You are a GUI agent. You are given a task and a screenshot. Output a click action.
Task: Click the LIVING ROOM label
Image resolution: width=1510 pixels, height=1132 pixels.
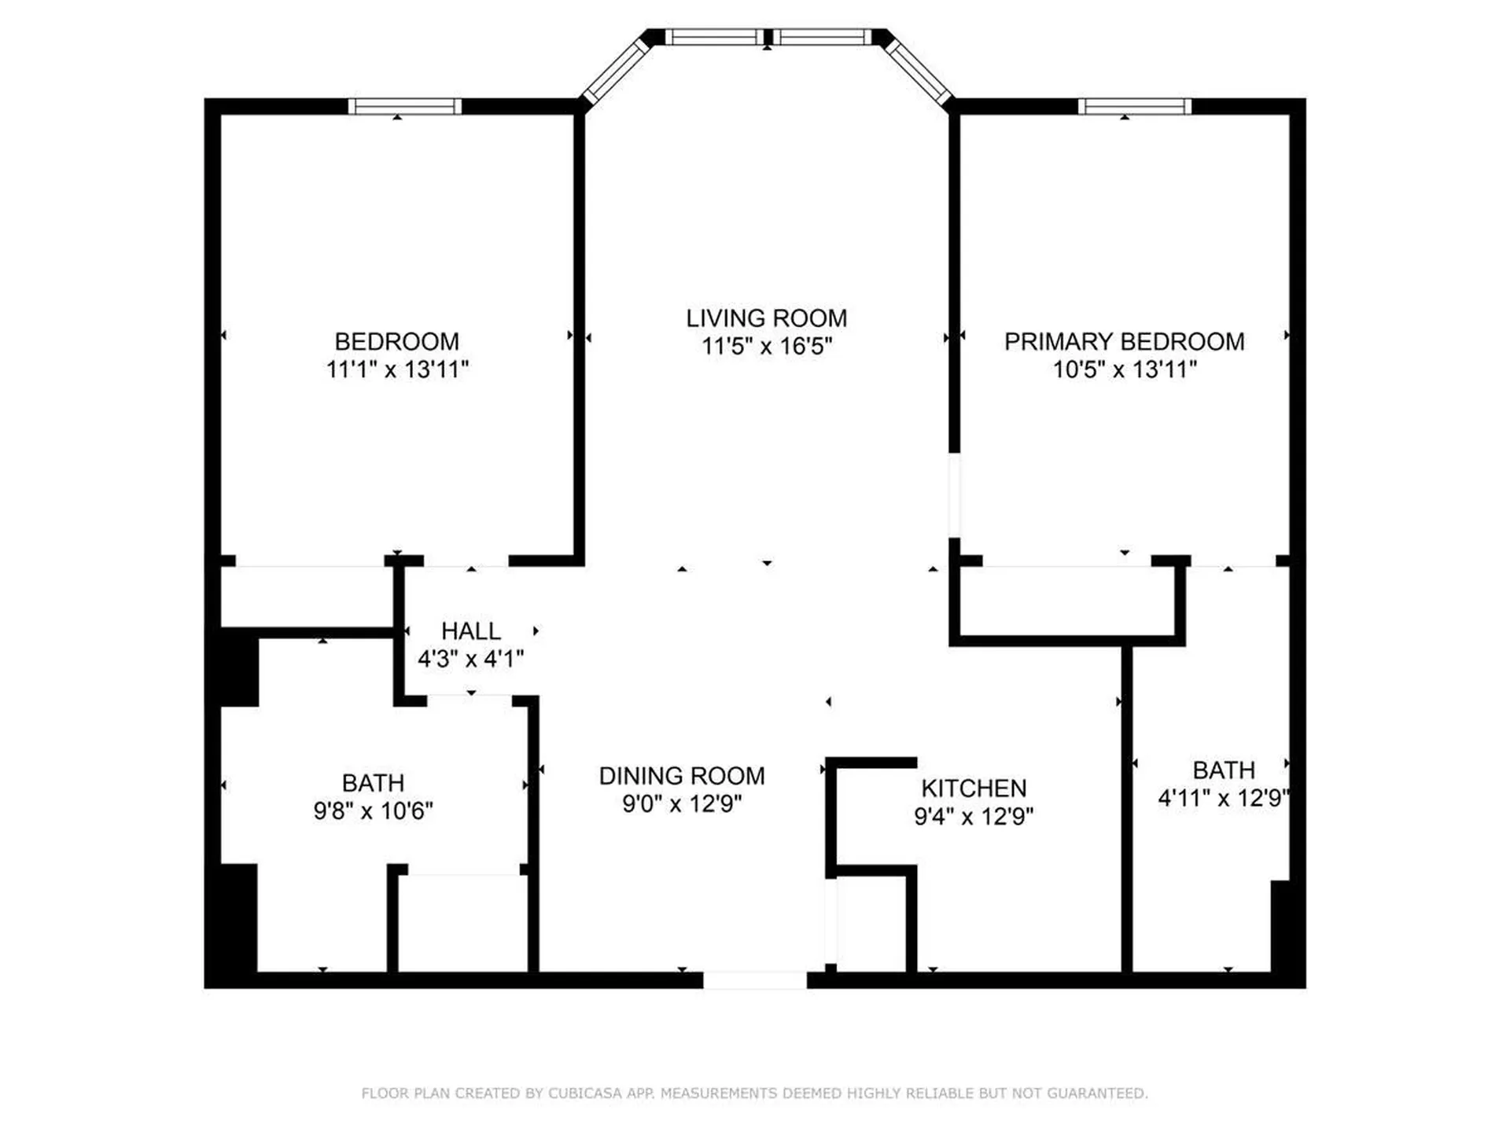coord(766,318)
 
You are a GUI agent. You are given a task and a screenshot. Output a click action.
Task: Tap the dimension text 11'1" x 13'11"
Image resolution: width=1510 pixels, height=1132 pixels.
coord(397,369)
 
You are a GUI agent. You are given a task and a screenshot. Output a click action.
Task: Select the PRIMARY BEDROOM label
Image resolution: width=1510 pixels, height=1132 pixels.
coord(1124,342)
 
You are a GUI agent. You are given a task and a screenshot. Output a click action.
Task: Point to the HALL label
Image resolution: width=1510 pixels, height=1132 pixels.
coord(470,631)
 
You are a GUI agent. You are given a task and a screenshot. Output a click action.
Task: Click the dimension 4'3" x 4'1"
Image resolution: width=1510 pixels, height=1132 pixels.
coord(470,659)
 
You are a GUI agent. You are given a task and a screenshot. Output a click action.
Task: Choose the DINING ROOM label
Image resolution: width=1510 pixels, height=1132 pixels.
coord(682,776)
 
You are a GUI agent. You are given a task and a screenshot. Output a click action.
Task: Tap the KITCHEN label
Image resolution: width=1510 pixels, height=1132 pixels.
coord(974,788)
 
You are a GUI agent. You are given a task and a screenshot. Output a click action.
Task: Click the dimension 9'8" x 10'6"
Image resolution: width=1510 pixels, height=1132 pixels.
coord(373,810)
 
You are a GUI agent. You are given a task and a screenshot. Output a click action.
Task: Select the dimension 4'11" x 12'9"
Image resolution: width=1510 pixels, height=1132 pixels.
coord(1223,799)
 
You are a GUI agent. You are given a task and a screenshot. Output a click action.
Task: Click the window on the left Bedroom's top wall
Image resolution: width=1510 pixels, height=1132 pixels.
coord(405,106)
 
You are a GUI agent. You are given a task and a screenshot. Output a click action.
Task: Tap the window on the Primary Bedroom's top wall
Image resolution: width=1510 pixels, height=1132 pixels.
coord(1134,106)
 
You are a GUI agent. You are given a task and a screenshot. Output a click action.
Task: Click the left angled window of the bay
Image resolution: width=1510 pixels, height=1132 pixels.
coord(616,71)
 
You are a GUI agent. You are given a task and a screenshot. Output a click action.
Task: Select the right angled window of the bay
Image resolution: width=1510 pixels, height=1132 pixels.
coord(915,71)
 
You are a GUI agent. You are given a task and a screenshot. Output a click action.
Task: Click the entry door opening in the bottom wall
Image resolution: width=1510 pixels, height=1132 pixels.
coord(754,980)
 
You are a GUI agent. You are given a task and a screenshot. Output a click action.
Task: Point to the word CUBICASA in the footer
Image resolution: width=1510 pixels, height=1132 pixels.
coord(584,1093)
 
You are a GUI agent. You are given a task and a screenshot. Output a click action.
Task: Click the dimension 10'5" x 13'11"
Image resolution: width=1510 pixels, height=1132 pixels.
coord(1125,369)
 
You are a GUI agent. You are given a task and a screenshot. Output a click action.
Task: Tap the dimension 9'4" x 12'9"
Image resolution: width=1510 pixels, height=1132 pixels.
coord(974,817)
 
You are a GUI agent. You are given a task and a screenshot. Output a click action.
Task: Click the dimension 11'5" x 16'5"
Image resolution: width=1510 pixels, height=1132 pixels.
coord(766,347)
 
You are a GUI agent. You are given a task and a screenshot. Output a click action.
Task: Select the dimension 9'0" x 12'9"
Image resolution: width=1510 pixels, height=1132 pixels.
coord(682,804)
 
